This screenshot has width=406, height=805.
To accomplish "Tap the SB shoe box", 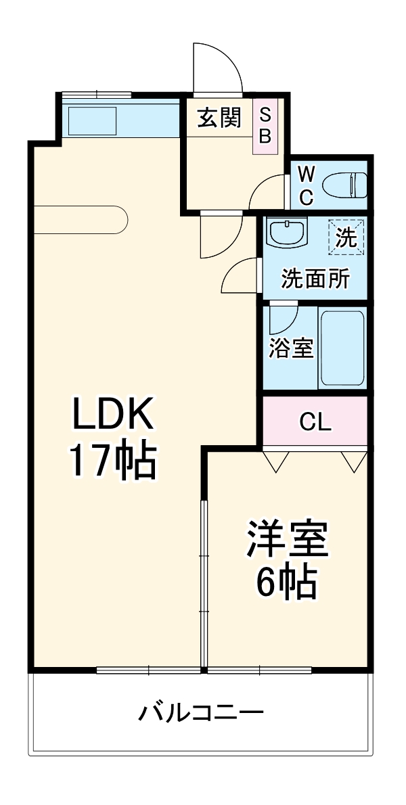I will pyautogui.click(x=265, y=126).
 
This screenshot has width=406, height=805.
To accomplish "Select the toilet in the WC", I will pyautogui.click(x=345, y=183).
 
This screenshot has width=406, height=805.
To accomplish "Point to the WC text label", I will pyautogui.click(x=307, y=185).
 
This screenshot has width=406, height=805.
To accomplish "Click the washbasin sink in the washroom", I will pyautogui.click(x=288, y=233).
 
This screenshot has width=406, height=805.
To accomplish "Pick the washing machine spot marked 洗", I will pyautogui.click(x=346, y=237).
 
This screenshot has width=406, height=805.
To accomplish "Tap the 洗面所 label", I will pyautogui.click(x=315, y=278).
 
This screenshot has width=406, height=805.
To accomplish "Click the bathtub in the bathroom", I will pyautogui.click(x=342, y=348).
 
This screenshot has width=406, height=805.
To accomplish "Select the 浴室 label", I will pyautogui.click(x=291, y=348).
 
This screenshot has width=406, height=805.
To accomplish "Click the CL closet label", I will pyautogui.click(x=315, y=422).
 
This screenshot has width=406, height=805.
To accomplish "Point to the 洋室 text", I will pyautogui.click(x=287, y=538).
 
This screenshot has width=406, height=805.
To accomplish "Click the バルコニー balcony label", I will pyautogui.click(x=201, y=712).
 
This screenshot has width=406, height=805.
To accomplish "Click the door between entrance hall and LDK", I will pyautogui.click(x=220, y=235).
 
